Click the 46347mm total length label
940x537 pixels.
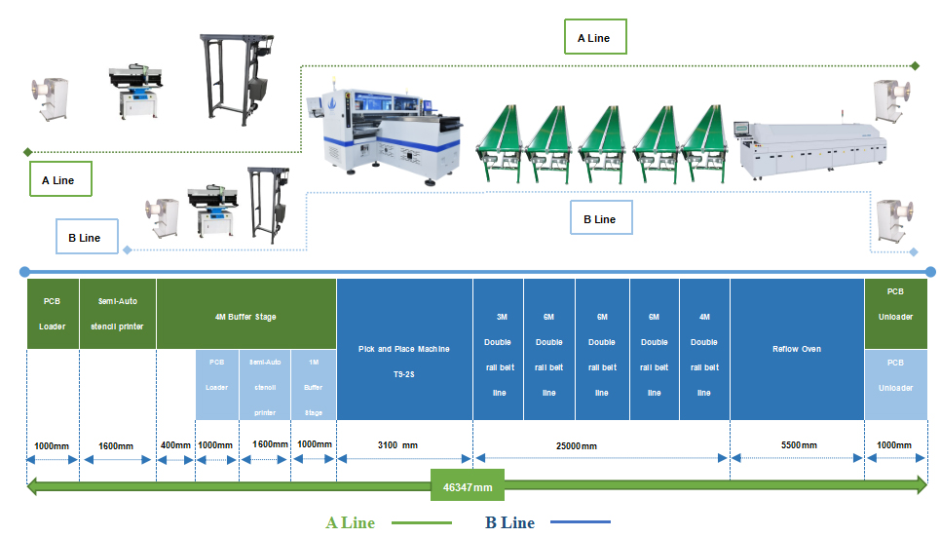tap(468, 486)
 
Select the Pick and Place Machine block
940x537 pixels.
tap(404, 349)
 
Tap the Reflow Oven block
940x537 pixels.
tap(797, 349)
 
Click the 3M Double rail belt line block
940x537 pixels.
tap(498, 349)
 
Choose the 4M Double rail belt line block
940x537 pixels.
tap(704, 349)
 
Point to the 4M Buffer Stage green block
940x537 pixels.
tap(245, 314)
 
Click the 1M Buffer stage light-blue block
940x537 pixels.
tap(314, 385)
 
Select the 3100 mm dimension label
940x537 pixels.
tap(397, 445)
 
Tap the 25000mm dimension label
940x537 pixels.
tap(576, 445)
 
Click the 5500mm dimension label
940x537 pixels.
tap(799, 445)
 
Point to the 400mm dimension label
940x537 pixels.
tap(175, 445)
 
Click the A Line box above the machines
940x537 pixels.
tap(595, 37)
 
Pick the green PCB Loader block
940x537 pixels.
tap(53, 314)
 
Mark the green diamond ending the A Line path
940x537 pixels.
tap(915, 66)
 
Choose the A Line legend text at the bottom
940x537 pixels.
tap(350, 522)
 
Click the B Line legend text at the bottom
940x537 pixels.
tap(509, 522)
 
